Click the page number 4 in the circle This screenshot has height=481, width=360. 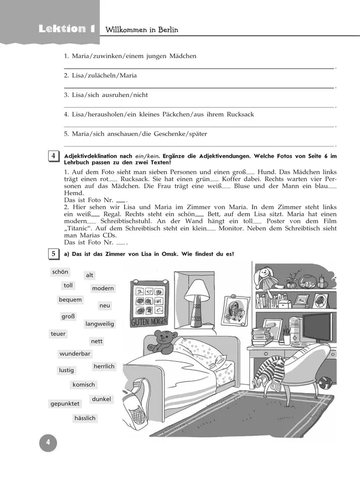48,443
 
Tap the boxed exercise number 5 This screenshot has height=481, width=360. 53,254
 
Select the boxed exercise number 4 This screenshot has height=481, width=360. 53,156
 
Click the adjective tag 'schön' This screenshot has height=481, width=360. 60,272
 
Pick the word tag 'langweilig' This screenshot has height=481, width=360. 100,324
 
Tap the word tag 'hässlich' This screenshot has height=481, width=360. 85,418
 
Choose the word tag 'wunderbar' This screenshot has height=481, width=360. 75,354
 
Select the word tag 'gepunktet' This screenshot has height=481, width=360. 65,404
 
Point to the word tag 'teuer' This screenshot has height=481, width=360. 58,334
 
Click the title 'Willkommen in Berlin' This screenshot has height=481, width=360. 142,30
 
